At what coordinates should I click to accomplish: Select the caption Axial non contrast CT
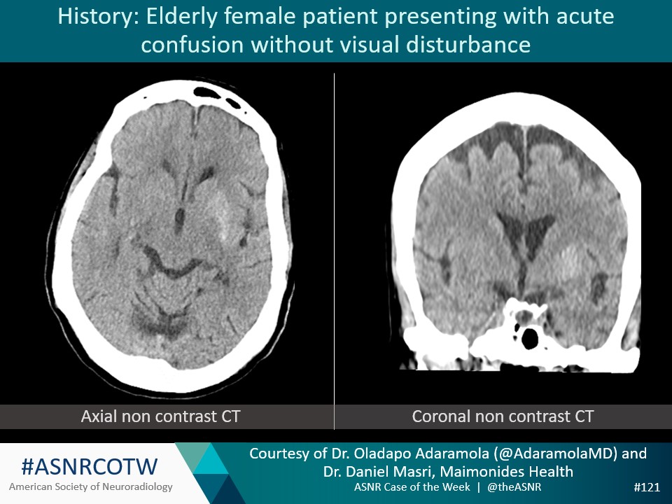pos(160,416)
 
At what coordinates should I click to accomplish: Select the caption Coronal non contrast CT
pos(503,416)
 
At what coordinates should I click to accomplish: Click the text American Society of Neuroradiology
pos(90,486)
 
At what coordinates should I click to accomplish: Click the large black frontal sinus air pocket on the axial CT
pos(208,92)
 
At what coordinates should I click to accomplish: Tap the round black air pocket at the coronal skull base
pos(531,339)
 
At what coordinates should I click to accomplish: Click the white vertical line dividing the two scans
pos(335,245)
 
